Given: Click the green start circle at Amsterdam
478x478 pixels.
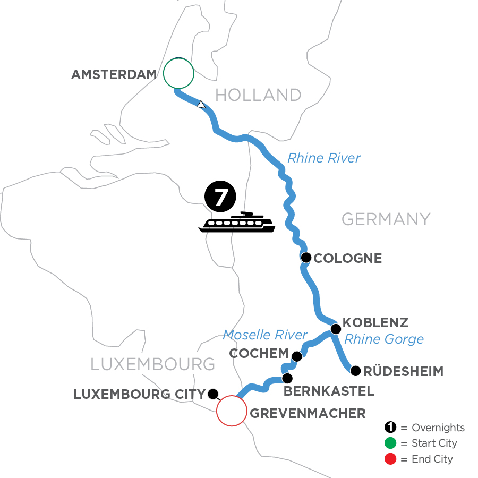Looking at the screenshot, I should [x=178, y=73].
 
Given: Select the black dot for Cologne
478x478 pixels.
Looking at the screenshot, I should [x=306, y=258].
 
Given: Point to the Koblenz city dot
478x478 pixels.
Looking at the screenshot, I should [x=336, y=329].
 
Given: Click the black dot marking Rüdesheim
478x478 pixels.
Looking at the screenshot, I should [x=355, y=370].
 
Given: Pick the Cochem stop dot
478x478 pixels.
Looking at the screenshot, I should [x=297, y=356].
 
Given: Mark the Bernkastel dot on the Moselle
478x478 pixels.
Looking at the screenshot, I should [x=287, y=379].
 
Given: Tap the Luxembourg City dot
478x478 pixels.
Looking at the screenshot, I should [x=213, y=394].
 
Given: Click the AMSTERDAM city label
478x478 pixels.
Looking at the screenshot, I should [x=114, y=75].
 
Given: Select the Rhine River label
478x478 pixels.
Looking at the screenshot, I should [x=324, y=158].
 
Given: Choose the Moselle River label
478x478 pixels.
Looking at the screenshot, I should [x=265, y=335].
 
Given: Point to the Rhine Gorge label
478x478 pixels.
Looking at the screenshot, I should [x=384, y=339].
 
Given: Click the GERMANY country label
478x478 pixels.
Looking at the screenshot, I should [x=385, y=219].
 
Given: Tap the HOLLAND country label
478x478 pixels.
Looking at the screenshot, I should [x=258, y=95].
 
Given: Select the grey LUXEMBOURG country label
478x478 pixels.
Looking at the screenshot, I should [x=153, y=364].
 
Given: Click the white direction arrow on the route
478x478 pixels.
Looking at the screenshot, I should [x=201, y=104].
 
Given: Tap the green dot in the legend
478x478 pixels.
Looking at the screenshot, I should [x=390, y=443].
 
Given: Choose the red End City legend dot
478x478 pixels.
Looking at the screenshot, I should [x=390, y=458].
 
